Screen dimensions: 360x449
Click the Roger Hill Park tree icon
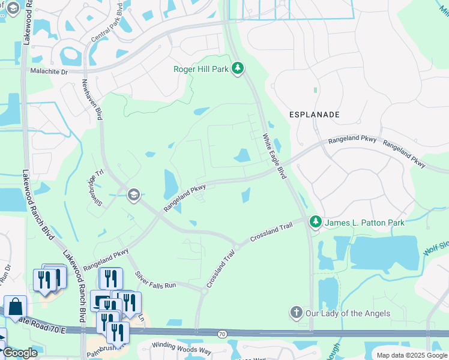(238, 69)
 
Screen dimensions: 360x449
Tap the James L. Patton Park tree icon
(315, 223)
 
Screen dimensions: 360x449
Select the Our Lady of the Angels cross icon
(295, 313)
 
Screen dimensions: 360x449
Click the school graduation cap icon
(133, 194)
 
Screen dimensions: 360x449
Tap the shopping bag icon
(15, 307)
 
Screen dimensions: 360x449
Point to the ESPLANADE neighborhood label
(315, 114)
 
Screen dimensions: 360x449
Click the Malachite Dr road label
(49, 71)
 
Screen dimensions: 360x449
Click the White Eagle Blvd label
(274, 155)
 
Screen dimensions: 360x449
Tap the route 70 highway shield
(222, 334)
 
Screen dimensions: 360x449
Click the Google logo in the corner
(19, 352)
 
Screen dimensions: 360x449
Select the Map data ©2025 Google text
(411, 355)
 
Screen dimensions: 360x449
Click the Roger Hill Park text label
(201, 69)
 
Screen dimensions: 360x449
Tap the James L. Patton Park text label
(365, 223)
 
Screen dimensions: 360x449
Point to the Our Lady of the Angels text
(348, 313)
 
